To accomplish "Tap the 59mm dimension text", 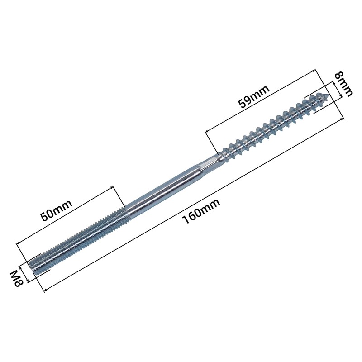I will pyautogui.click(x=254, y=96).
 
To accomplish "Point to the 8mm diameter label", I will pyautogui.click(x=343, y=85).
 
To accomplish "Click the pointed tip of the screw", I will pyautogui.click(x=327, y=96).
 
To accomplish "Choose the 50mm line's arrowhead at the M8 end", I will pyautogui.click(x=19, y=243).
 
